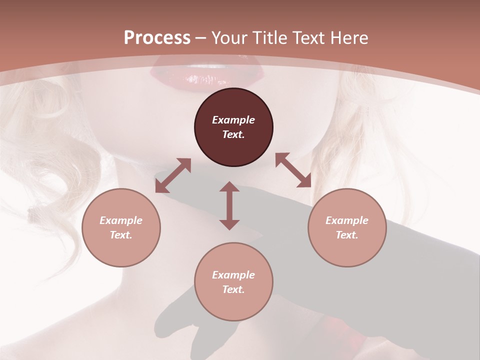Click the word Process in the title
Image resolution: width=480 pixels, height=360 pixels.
click(157, 37)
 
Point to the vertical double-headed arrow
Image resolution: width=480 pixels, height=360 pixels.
click(229, 205)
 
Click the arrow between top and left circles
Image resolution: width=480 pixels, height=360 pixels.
click(173, 175)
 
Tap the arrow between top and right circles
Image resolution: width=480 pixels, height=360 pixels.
click(293, 170)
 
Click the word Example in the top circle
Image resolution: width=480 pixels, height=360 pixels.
click(233, 120)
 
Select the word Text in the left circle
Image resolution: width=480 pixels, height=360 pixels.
click(121, 235)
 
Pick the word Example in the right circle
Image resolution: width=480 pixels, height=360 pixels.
click(347, 220)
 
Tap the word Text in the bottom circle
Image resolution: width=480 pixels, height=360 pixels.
click(233, 289)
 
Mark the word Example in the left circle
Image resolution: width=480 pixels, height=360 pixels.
click(121, 220)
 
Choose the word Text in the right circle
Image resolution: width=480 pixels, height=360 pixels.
click(347, 235)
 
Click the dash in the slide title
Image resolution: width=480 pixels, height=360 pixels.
click(201, 38)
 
